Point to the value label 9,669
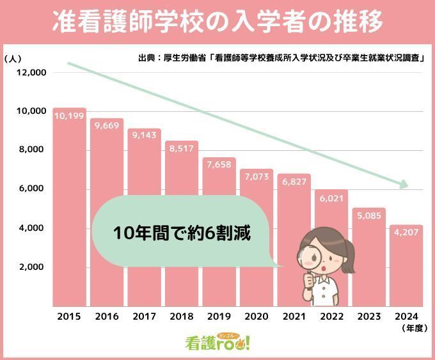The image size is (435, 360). click(x=106, y=126)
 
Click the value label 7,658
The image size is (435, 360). click(x=219, y=165)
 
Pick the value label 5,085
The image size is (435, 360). click(x=369, y=215)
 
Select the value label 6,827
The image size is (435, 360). click(x=294, y=181)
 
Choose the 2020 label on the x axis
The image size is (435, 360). click(x=257, y=316)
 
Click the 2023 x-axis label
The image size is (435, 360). click(x=369, y=316)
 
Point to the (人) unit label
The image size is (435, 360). click(x=13, y=58)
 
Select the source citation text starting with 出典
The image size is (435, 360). click(x=281, y=58)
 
